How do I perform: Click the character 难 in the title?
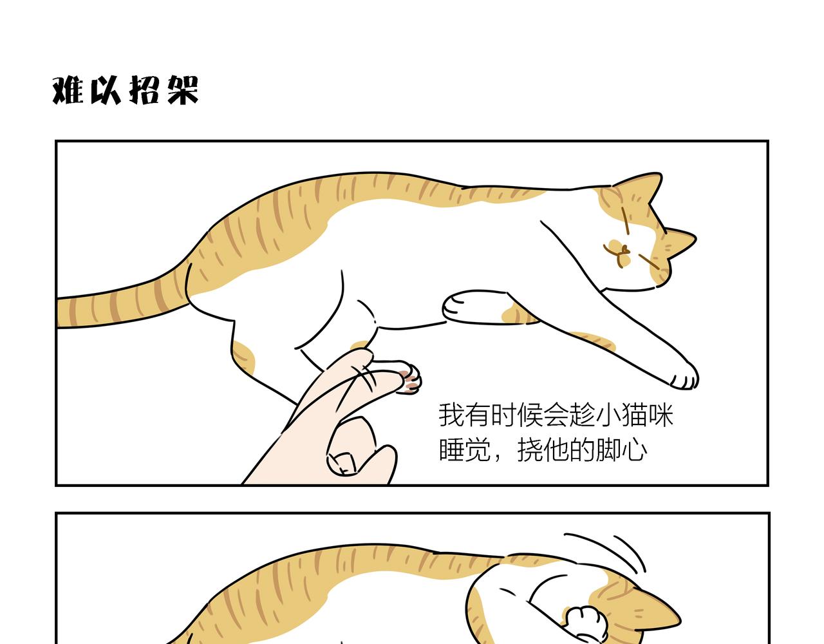(x=68, y=90)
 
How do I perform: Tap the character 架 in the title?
(x=183, y=90)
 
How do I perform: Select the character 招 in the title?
(x=144, y=90)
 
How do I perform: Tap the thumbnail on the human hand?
(x=342, y=464)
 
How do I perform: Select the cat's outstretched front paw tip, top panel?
(x=684, y=377)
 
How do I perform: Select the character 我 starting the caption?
(x=451, y=415)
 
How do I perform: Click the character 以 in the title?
(x=106, y=90)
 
